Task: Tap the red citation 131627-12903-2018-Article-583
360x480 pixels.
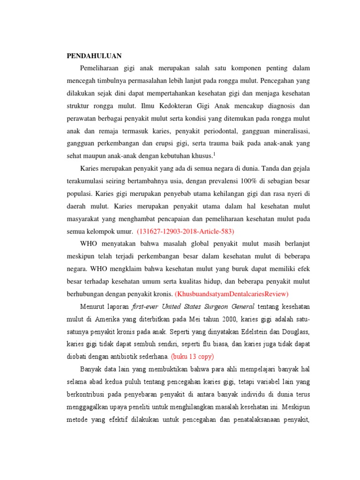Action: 185,231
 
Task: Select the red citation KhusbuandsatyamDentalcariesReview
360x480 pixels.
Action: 232,294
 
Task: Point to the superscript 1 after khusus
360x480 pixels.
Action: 214,153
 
